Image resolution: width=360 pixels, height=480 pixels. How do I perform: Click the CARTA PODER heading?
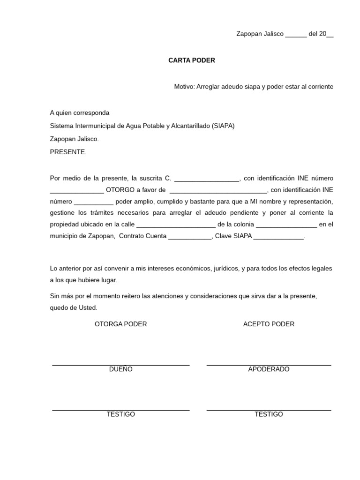[192, 60]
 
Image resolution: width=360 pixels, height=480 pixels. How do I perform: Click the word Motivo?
[184, 87]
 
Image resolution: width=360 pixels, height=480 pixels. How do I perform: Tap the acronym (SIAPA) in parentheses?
[223, 126]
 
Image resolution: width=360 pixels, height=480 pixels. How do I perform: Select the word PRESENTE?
[67, 152]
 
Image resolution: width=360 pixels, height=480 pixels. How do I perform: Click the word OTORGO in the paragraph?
[120, 190]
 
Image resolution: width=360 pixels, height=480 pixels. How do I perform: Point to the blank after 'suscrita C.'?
[207, 179]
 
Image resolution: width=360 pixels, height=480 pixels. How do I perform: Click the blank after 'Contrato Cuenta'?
[190, 237]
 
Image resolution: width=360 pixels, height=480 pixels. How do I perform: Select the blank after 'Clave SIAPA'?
[279, 237]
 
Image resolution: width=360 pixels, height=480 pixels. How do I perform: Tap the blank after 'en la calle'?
[176, 225]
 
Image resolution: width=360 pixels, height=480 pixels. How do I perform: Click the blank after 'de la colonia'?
[286, 225]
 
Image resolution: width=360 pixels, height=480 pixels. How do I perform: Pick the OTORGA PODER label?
[120, 324]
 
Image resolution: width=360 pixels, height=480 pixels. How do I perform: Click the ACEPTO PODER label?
[269, 324]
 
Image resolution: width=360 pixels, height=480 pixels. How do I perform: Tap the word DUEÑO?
[120, 369]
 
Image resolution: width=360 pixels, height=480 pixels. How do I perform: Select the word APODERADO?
[269, 369]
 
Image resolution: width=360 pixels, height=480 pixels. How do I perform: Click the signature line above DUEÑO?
[120, 364]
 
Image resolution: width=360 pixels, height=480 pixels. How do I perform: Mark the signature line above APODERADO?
[269, 364]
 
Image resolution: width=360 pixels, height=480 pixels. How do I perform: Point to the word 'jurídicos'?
[225, 269]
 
